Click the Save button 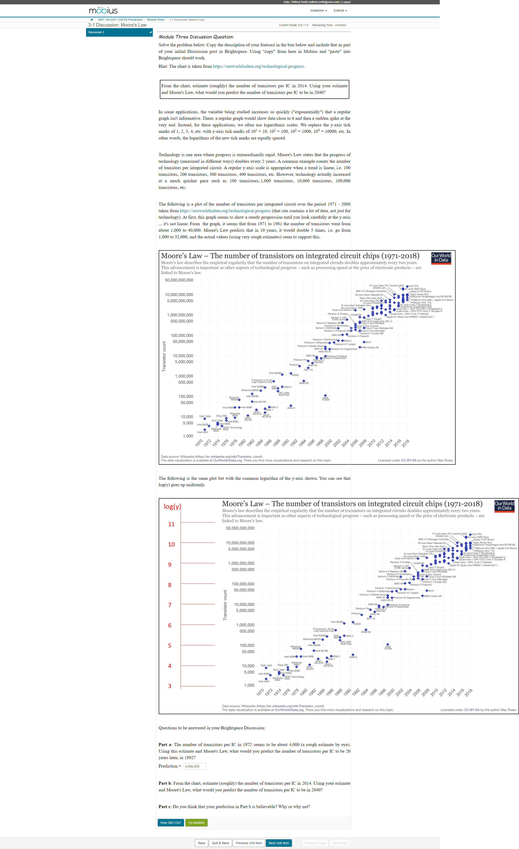click(201, 843)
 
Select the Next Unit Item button click(279, 843)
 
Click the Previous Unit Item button click(249, 843)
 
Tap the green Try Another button click(196, 822)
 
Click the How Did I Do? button click(170, 822)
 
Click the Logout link click(346, 2)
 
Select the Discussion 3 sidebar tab click(119, 32)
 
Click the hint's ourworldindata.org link click(258, 67)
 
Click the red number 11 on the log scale click(171, 524)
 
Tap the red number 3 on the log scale click(170, 686)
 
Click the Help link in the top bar click(286, 2)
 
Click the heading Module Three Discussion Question click(196, 37)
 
